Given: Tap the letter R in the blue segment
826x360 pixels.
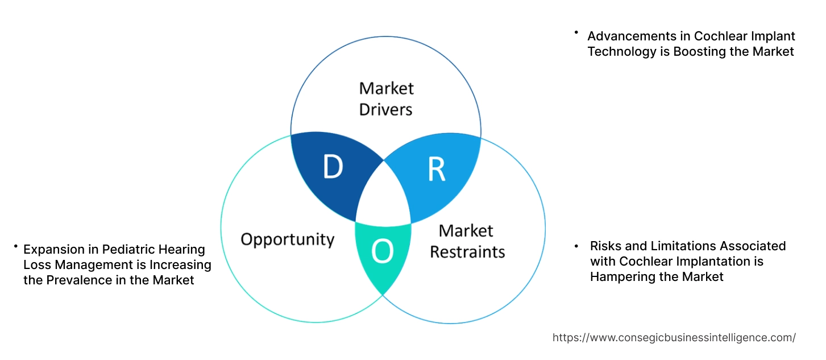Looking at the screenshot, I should point(436,169).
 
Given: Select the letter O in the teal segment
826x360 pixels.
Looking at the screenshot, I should point(382,253).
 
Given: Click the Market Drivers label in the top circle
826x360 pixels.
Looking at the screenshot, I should point(386,98).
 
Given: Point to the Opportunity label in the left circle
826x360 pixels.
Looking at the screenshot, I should point(287,239).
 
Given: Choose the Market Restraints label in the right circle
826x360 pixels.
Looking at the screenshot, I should point(467,241).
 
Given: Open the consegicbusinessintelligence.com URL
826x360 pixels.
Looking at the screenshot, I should point(674,338).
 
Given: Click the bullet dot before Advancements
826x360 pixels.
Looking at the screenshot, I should point(576,32).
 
